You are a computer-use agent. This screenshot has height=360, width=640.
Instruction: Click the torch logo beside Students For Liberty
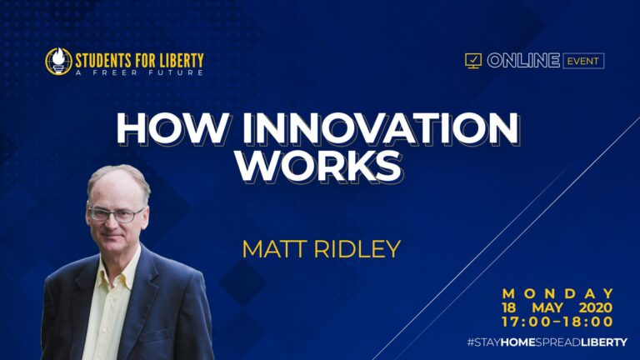coord(57,61)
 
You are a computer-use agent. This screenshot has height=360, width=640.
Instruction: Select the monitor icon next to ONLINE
coord(472,61)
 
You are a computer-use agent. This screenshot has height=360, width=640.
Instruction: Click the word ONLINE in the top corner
coord(510,61)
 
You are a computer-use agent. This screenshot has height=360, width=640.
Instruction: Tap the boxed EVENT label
coord(583,61)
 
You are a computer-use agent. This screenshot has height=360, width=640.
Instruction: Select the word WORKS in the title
coord(319,165)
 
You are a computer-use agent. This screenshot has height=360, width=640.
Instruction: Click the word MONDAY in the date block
coord(557,293)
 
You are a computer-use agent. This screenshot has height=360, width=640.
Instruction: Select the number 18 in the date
coord(510,307)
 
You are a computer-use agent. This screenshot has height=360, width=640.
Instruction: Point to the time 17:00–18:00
coord(557,322)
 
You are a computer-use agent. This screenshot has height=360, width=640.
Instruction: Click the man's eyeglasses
coord(116,213)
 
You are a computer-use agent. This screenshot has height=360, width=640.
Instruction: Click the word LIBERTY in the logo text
coord(177,60)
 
